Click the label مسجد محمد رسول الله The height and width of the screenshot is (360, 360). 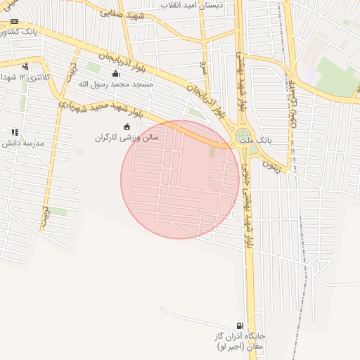[x=115, y=84]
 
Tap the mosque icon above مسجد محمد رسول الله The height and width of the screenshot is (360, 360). [x=115, y=73]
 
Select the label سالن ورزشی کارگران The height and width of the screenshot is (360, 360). [x=127, y=138]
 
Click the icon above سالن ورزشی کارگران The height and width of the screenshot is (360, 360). [x=127, y=127]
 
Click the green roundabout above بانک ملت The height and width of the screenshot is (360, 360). [x=243, y=135]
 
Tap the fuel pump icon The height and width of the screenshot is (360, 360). [x=241, y=326]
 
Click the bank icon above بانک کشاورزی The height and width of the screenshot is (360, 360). [x=14, y=22]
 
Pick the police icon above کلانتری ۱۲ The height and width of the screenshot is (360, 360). [x=26, y=66]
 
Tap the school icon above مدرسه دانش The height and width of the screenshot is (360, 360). [x=15, y=132]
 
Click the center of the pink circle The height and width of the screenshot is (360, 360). [x=179, y=179]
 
